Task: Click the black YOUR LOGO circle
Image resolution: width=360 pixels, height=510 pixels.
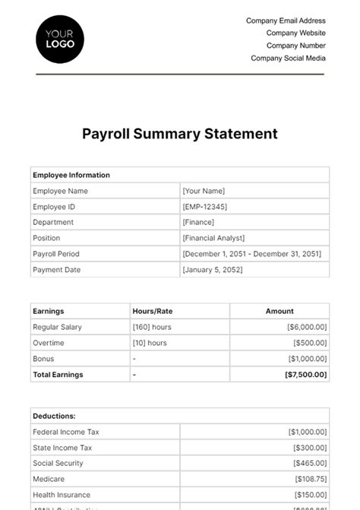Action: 60,38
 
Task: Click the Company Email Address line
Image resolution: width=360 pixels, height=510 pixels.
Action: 286,21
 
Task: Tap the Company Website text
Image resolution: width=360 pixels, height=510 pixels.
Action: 295,33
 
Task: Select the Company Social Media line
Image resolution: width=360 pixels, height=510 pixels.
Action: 288,58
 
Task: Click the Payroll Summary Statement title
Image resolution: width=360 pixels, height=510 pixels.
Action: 180,134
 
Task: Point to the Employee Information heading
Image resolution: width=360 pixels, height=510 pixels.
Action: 71,175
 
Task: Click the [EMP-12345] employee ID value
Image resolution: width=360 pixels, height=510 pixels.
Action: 204,207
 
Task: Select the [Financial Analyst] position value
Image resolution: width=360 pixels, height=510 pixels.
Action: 213,238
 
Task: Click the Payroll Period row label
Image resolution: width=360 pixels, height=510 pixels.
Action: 56,254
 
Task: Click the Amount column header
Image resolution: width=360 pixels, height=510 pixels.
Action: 279,311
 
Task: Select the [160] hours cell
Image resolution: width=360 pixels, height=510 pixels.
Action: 152,327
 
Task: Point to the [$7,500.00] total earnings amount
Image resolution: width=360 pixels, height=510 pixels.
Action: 306,375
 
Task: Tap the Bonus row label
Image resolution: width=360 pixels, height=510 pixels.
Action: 43,359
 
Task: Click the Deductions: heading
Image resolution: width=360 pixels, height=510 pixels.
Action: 54,416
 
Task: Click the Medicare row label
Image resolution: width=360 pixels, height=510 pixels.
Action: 48,479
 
